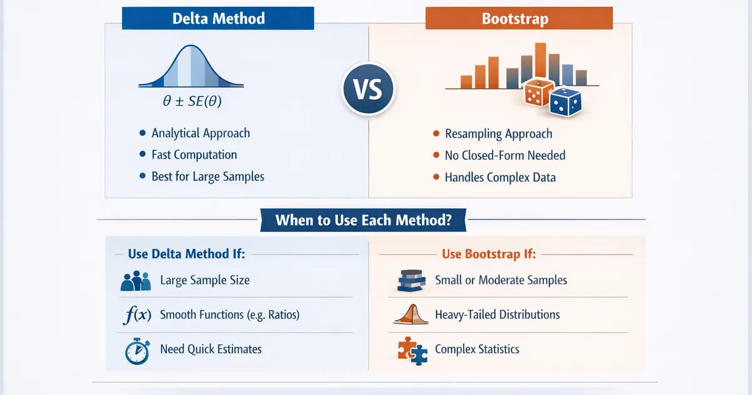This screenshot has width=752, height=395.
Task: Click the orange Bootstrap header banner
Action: [519, 18]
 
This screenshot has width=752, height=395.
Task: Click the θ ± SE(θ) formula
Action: [191, 100]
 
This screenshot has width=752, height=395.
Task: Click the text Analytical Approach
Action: [201, 133]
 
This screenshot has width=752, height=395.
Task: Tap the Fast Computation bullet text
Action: [194, 155]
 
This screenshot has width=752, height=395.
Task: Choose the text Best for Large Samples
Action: [207, 176]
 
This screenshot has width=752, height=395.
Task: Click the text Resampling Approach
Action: [498, 134]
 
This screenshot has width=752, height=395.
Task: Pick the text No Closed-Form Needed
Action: [505, 155]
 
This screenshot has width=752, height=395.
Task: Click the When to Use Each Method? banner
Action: [363, 220]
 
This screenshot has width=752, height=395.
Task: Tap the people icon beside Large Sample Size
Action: [136, 281]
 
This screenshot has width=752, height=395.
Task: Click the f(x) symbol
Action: [135, 315]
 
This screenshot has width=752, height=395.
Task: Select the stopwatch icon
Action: [136, 350]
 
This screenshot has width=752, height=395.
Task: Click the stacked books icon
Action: [412, 282]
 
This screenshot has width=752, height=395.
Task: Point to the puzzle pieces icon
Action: [412, 350]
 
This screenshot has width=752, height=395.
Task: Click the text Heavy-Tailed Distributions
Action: [497, 315]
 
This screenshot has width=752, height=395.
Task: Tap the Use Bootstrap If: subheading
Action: [489, 255]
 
